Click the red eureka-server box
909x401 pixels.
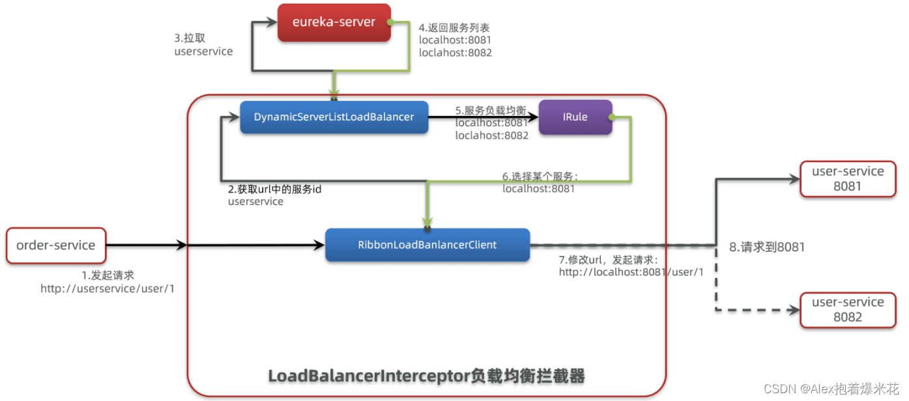334,23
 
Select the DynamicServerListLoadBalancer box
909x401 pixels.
334,117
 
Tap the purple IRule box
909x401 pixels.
575,117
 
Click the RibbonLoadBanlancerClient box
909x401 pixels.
427,245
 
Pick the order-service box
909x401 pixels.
55,245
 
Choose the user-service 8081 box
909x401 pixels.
848,178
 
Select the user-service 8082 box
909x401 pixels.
848,309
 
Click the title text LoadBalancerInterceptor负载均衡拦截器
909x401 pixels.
426,376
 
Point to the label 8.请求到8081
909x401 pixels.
767,247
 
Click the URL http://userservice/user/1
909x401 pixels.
108,288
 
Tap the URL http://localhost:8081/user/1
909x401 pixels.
631,272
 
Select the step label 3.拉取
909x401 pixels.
190,38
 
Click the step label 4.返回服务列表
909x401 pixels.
454,28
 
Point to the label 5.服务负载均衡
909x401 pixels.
490,110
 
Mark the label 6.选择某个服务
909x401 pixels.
540,176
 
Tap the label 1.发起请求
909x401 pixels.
108,275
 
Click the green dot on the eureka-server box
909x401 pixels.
388,22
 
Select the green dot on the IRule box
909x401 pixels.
611,117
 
